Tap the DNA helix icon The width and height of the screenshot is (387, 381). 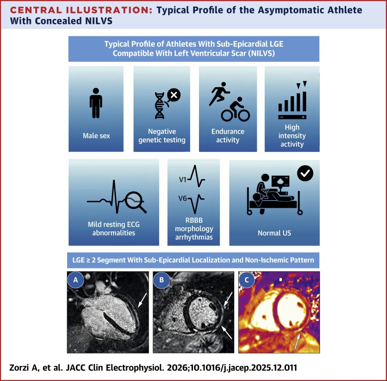160,106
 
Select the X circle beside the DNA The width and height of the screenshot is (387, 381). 174,95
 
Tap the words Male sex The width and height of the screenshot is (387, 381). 96,135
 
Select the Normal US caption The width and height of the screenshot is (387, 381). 274,232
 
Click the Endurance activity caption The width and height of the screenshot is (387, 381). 228,135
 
